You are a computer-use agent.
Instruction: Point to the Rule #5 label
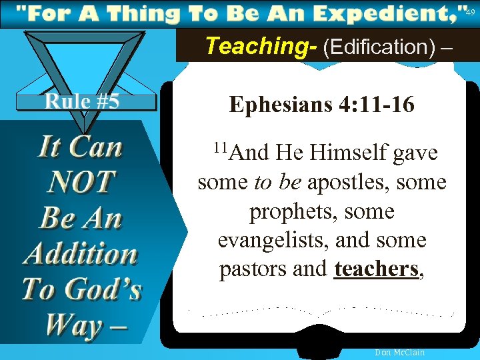pyautogui.click(x=82, y=101)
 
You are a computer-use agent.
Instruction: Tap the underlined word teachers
pyautogui.click(x=377, y=269)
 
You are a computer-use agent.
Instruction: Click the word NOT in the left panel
pyautogui.click(x=82, y=183)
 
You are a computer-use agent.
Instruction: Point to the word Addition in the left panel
pyautogui.click(x=81, y=254)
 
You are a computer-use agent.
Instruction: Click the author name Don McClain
pyautogui.click(x=400, y=353)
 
